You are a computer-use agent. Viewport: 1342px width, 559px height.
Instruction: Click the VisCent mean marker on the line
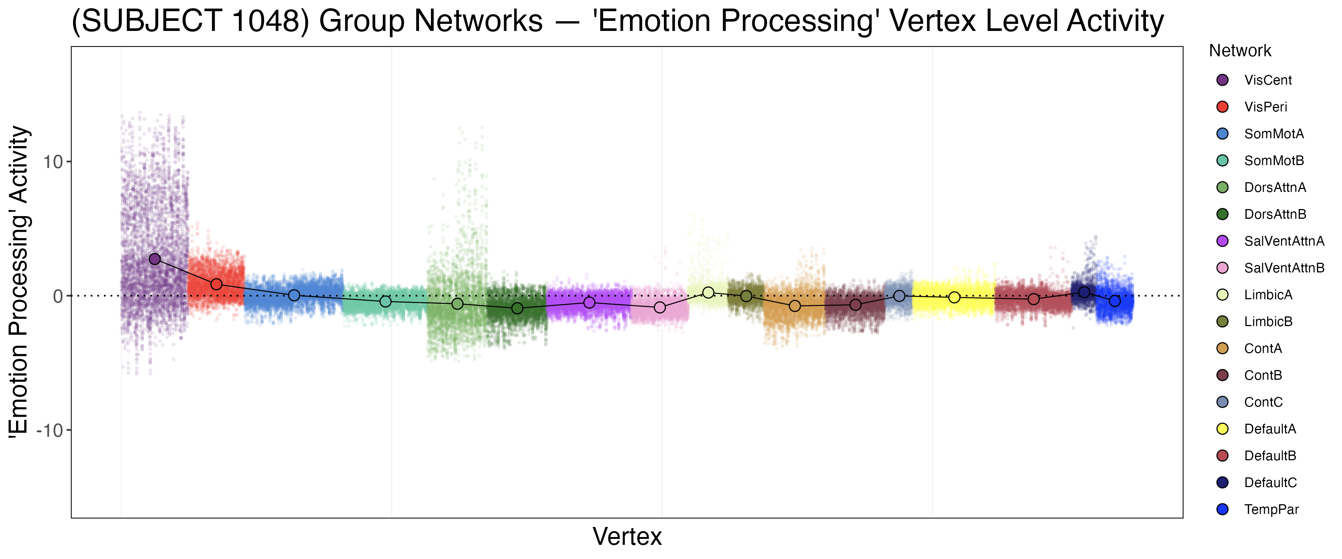coord(155,259)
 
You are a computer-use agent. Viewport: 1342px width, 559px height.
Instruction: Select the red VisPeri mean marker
coord(217,284)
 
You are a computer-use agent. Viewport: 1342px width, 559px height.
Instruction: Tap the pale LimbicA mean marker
coord(708,293)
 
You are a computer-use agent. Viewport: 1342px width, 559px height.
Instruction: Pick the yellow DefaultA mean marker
coord(954,297)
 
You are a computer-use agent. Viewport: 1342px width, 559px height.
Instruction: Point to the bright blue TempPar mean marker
coord(1114,301)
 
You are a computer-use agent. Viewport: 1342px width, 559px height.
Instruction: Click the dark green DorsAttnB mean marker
coord(517,308)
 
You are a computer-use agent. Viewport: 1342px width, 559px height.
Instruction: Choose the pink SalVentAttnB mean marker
coord(659,307)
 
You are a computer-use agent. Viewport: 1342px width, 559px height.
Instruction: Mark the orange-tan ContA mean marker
coord(794,306)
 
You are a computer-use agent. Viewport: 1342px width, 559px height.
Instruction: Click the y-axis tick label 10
coord(53,162)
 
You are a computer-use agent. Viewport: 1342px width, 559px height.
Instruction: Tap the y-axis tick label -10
coord(50,430)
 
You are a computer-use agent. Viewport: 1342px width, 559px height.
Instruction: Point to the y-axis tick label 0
coord(58,296)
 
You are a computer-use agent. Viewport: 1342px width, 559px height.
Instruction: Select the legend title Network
coord(1240,51)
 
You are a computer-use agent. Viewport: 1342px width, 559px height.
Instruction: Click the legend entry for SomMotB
coord(1274,161)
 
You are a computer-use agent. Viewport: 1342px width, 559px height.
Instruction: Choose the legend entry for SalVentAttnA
coord(1283,241)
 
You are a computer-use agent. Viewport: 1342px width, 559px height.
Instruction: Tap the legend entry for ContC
coord(1263,402)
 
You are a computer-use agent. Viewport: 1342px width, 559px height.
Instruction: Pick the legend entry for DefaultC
coord(1270,483)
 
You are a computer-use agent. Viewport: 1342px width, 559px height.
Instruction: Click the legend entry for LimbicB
coord(1268,322)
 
